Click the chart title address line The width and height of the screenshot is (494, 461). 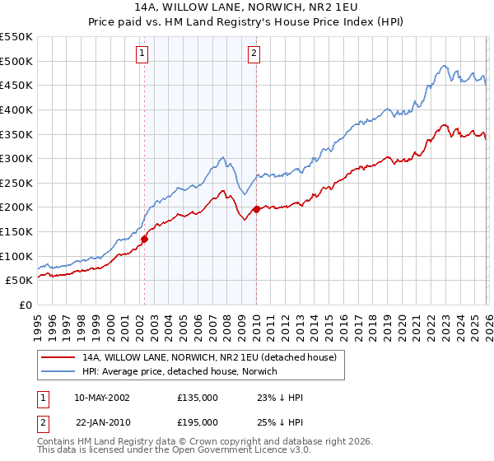click(x=247, y=6)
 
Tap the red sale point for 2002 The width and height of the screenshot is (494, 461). click(x=144, y=239)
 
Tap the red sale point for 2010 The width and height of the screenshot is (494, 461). click(x=256, y=209)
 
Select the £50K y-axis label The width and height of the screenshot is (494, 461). click(x=19, y=281)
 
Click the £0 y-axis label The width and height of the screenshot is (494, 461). click(x=26, y=305)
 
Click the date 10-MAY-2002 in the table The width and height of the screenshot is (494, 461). click(x=102, y=398)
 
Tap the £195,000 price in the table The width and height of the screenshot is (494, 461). click(x=198, y=421)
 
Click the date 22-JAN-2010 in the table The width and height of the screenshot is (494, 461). click(x=102, y=421)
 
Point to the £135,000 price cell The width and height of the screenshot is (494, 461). click(x=198, y=398)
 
